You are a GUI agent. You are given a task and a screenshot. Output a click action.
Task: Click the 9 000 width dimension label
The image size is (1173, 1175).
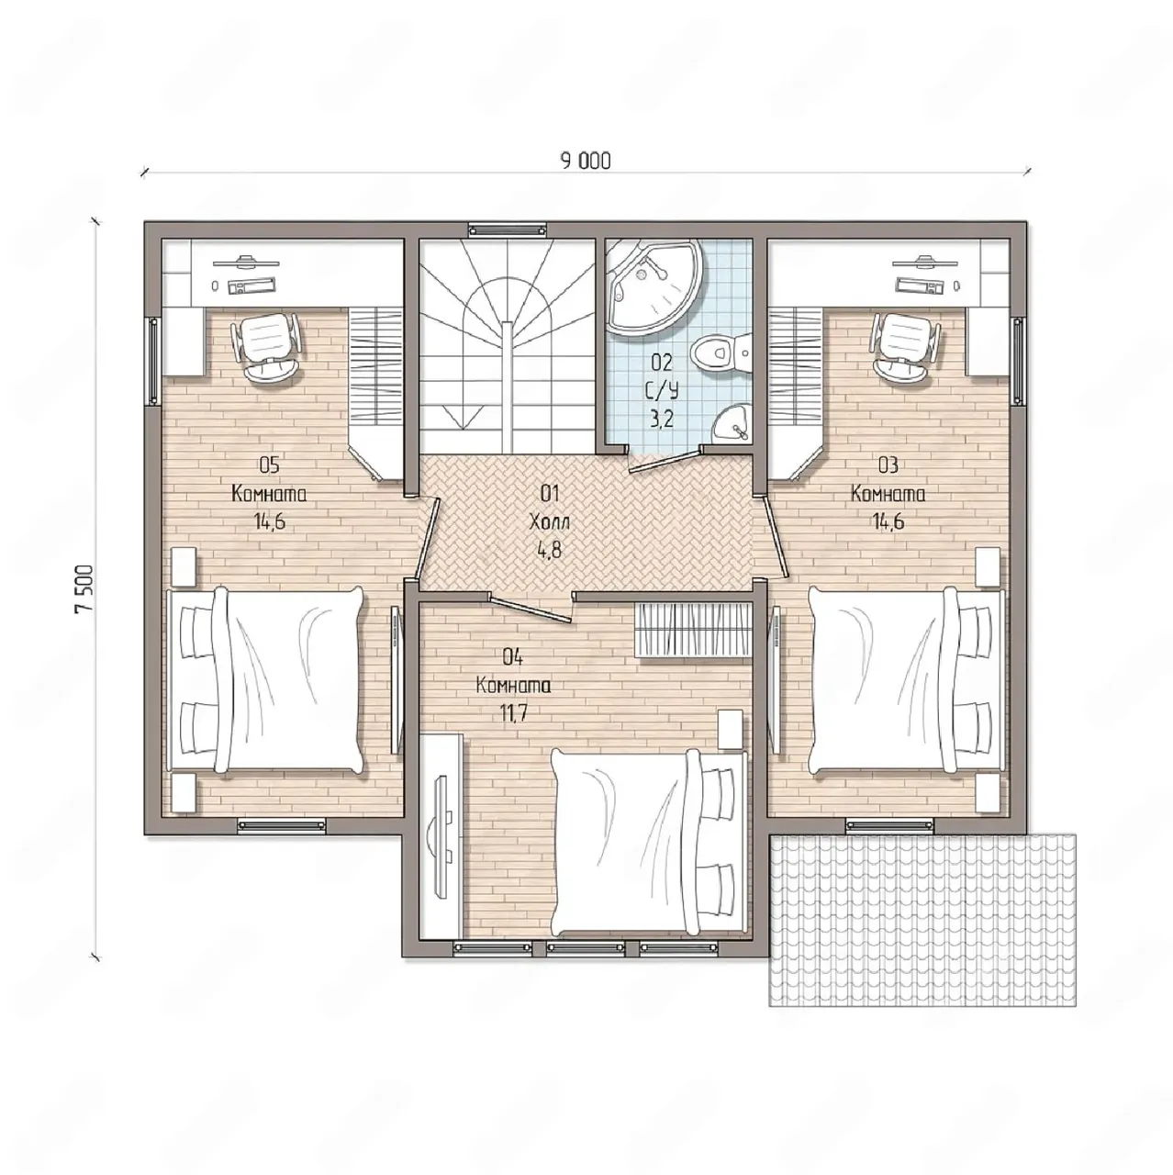pyautogui.click(x=586, y=161)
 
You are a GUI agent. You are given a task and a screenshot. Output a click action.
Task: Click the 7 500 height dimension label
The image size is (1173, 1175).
pyautogui.click(x=84, y=588)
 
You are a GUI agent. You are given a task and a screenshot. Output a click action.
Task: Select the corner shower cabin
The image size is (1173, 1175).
pyautogui.click(x=655, y=286)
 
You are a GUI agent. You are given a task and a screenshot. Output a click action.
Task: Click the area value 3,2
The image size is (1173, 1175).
pyautogui.click(x=662, y=419)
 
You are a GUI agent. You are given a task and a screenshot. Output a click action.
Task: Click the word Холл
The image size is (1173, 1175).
pyautogui.click(x=550, y=522)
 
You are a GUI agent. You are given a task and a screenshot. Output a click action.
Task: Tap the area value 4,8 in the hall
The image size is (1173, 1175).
pyautogui.click(x=549, y=550)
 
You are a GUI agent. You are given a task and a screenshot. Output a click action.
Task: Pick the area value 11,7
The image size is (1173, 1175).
pyautogui.click(x=513, y=713)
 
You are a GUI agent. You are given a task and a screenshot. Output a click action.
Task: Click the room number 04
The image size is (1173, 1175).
pyautogui.click(x=513, y=656)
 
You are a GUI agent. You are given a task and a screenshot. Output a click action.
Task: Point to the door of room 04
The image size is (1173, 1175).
pyautogui.click(x=531, y=610)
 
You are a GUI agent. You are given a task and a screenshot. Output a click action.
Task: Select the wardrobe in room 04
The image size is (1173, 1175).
pyautogui.click(x=693, y=630)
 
